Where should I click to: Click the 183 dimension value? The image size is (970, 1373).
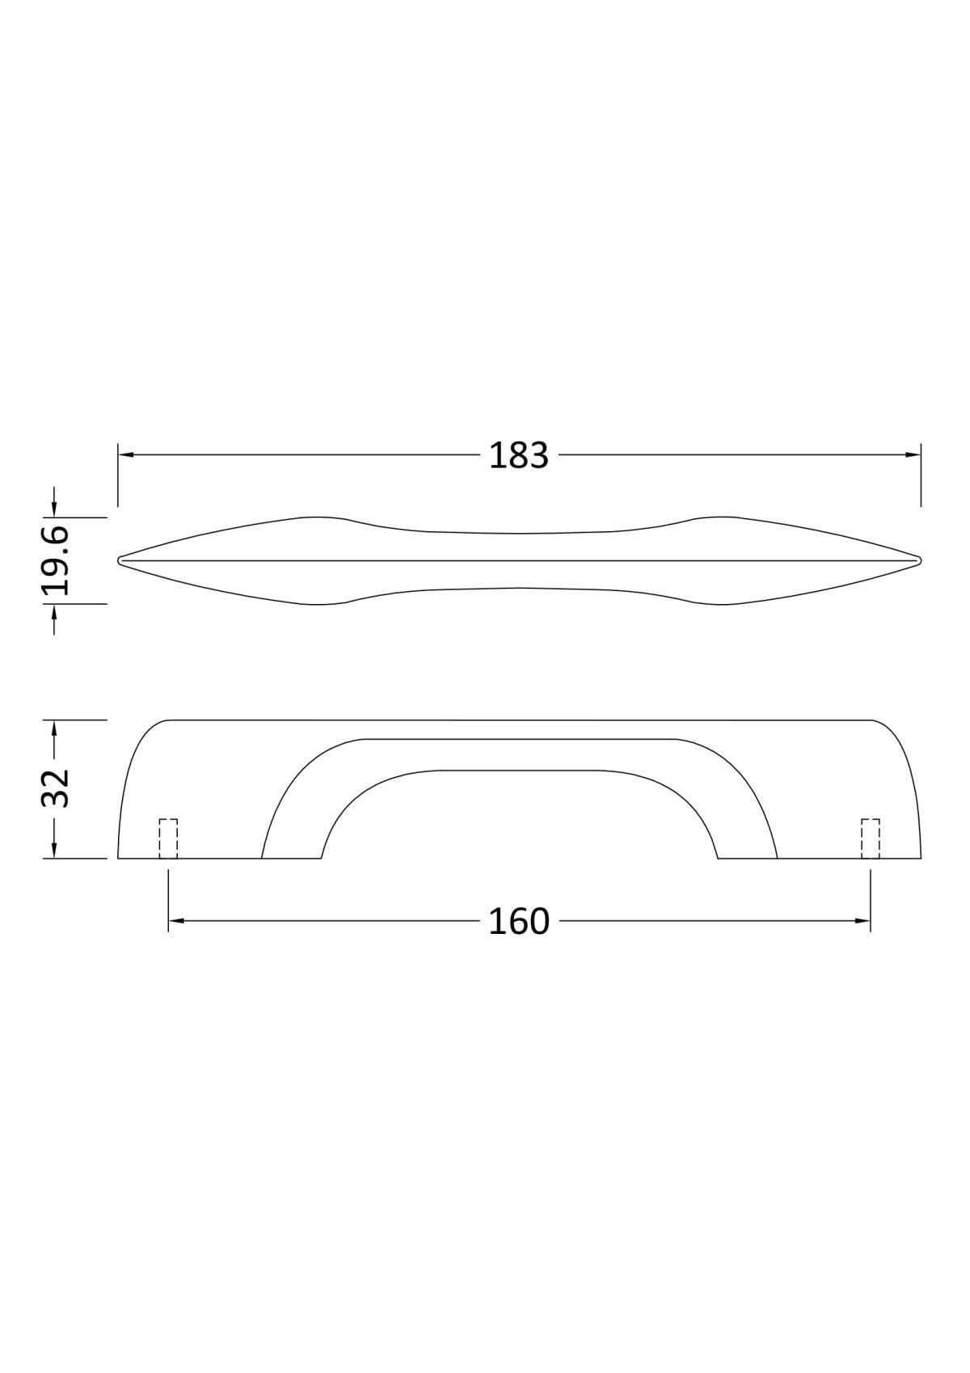(x=518, y=455)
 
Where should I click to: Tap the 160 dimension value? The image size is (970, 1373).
(x=519, y=921)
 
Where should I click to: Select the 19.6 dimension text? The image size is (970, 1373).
(x=56, y=560)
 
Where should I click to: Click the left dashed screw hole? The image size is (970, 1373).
(x=168, y=839)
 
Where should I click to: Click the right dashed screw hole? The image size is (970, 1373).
(x=870, y=839)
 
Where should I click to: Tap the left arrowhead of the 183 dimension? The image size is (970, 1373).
(x=125, y=454)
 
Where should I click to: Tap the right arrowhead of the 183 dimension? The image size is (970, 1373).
(x=913, y=454)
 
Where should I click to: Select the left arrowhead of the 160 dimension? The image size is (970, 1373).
(x=176, y=921)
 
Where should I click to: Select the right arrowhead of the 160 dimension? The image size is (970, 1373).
(x=862, y=921)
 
